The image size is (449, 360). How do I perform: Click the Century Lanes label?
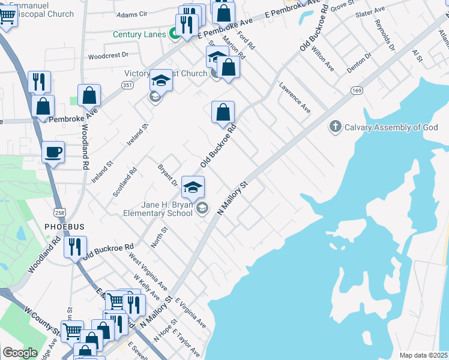tap(139, 34)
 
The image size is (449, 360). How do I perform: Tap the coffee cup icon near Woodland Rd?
tap(53, 152)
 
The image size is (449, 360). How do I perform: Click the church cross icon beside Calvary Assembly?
tap(335, 127)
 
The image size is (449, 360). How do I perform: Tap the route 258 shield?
tap(59, 213)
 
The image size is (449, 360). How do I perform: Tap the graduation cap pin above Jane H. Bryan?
tap(193, 188)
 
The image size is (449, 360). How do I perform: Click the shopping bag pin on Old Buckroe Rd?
tap(223, 112)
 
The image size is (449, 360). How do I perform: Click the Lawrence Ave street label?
tap(295, 98)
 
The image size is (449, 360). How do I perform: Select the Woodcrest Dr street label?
tap(108, 55)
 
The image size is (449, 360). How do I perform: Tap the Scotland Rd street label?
tap(125, 182)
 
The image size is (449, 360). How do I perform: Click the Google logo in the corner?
tap(20, 353)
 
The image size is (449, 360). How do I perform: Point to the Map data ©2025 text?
tap(423, 355)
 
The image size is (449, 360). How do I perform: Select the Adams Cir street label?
tap(132, 14)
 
